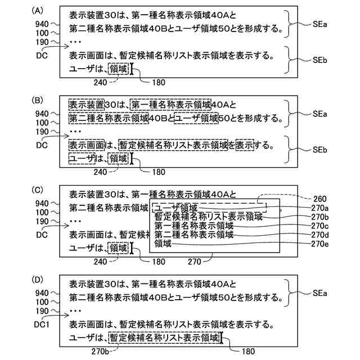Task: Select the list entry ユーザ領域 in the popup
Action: coord(175,208)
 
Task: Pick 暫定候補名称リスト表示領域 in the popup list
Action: coord(209,216)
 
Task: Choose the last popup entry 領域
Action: coord(163,244)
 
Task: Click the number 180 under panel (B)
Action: coord(159,172)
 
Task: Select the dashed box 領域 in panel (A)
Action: coord(119,69)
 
